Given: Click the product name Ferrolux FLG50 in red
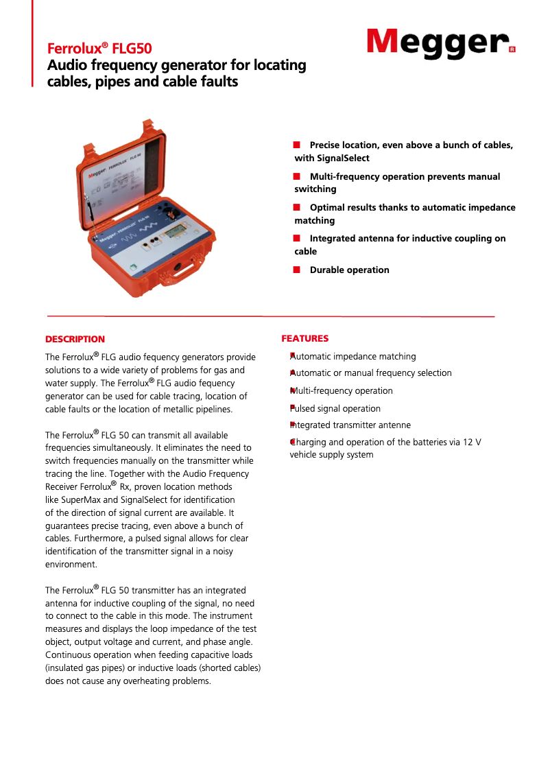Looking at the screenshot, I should click(x=99, y=49).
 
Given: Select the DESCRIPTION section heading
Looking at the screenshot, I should click(x=75, y=339).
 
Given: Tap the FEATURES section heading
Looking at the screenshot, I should click(x=305, y=338).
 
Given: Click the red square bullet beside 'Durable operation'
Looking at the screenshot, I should click(x=297, y=269).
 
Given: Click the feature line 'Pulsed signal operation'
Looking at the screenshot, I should click(x=335, y=408).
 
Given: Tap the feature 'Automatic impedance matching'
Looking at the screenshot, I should click(x=353, y=356).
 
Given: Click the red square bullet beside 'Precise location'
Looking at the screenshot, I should click(x=297, y=144).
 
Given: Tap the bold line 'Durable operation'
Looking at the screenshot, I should click(x=349, y=270).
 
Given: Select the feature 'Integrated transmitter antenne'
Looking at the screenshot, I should click(x=351, y=425).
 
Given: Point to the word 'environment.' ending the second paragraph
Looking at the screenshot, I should click(x=71, y=564).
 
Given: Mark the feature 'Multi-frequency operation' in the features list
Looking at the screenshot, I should click(x=342, y=390).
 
